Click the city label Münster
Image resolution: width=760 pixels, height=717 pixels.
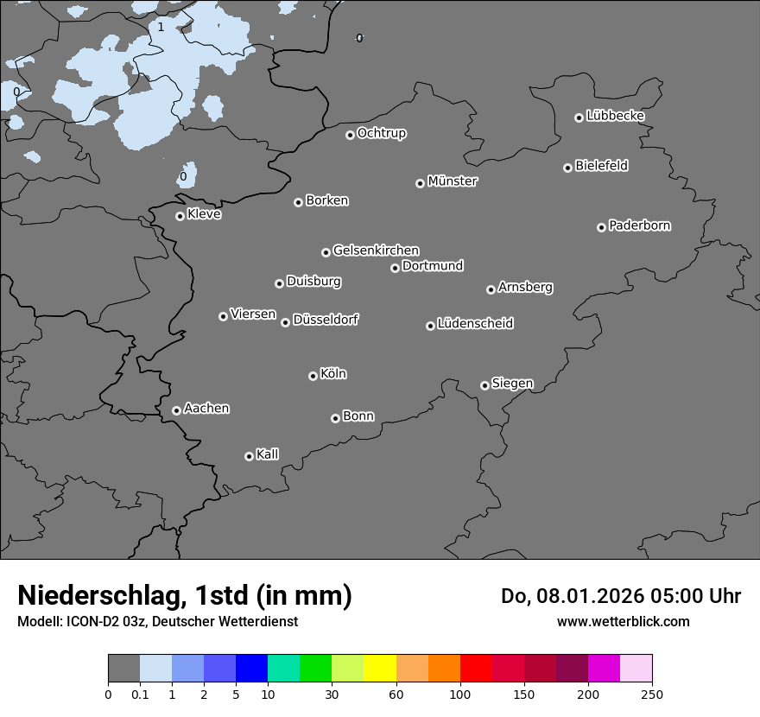(453, 181)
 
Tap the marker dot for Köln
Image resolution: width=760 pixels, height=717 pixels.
(313, 376)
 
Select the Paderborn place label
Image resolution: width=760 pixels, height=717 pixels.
(640, 225)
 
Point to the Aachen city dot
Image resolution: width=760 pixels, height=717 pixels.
(176, 410)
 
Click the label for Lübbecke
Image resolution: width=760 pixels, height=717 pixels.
(616, 116)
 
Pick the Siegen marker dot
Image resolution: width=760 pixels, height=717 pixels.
(484, 385)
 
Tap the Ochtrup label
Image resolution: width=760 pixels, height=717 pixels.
(382, 133)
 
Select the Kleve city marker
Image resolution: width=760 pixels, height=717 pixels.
(180, 216)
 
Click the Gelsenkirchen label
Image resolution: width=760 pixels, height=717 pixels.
(377, 251)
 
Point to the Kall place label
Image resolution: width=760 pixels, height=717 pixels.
(268, 454)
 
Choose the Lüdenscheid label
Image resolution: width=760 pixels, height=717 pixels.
(476, 324)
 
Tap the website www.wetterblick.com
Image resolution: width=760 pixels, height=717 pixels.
(623, 621)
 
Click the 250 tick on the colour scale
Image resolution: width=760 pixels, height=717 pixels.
(652, 694)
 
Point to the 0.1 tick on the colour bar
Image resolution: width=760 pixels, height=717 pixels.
(139, 694)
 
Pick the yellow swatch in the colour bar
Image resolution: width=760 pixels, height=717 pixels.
(380, 669)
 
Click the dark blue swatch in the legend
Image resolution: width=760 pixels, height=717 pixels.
(252, 669)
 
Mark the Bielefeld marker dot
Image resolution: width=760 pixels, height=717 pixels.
(567, 168)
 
